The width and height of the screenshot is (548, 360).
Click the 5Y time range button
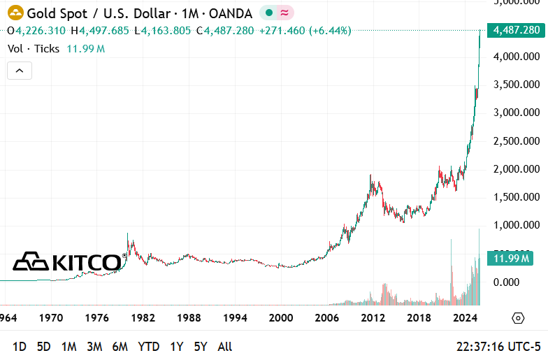point(201,346)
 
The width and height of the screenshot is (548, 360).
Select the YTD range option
point(148,346)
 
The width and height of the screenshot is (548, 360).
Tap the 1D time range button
point(20,346)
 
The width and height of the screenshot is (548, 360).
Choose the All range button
point(225,346)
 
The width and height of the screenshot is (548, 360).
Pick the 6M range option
point(120,346)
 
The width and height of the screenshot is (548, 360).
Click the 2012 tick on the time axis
point(373,318)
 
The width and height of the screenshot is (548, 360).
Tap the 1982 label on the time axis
point(143,318)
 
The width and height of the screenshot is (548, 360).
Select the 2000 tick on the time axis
point(281,318)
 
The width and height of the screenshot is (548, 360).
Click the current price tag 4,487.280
point(517,30)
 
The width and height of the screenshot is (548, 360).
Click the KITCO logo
point(68,262)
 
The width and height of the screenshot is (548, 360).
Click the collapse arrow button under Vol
point(20,70)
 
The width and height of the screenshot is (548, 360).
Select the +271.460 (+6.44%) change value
point(305,30)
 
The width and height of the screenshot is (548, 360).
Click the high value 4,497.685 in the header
point(103,30)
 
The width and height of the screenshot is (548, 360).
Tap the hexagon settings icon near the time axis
point(518,318)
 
